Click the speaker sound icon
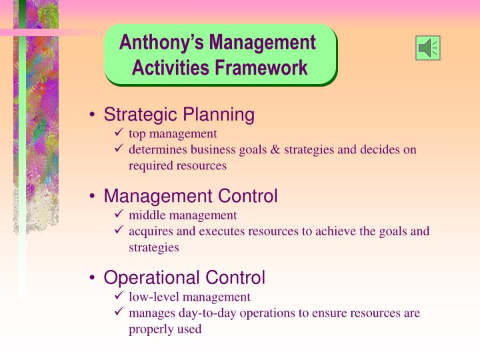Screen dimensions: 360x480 [427, 48]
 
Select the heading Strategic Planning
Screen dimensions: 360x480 [179, 115]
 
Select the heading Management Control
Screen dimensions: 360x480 [190, 196]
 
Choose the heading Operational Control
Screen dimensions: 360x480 [184, 277]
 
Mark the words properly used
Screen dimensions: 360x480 [165, 329]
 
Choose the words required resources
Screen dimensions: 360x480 [177, 165]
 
